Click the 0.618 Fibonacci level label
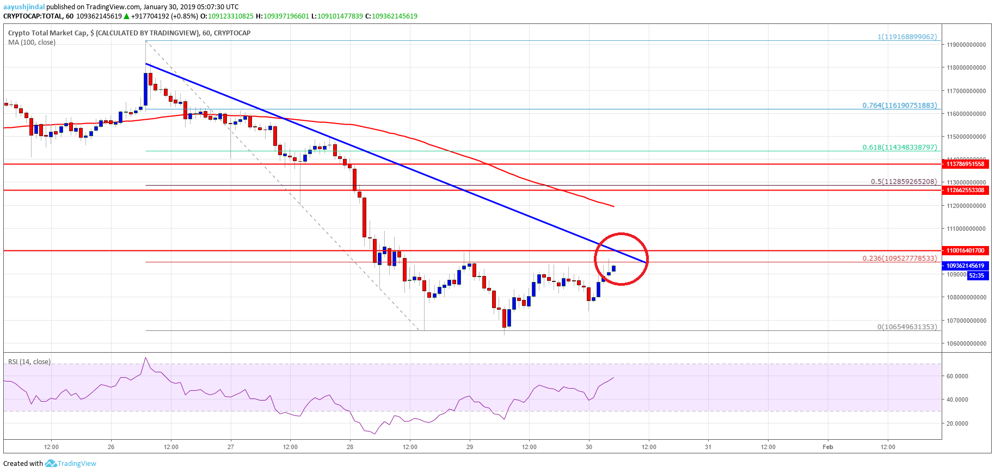pyautogui.click(x=899, y=147)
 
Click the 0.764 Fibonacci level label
pyautogui.click(x=899, y=105)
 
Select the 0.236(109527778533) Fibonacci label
pyautogui.click(x=899, y=258)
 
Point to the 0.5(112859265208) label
pyautogui.click(x=903, y=181)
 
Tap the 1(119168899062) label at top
pyautogui.click(x=907, y=36)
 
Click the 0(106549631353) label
pyautogui.click(x=907, y=327)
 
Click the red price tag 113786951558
pyautogui.click(x=965, y=164)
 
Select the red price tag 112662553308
pyautogui.click(x=965, y=190)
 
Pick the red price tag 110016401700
pyautogui.click(x=965, y=250)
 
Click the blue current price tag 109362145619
pyautogui.click(x=965, y=266)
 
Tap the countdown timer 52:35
pyautogui.click(x=976, y=275)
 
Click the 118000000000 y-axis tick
pyautogui.click(x=966, y=67)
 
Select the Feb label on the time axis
pyautogui.click(x=827, y=447)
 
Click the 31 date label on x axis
pyautogui.click(x=708, y=447)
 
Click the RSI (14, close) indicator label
pyautogui.click(x=29, y=361)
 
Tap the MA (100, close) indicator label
pyautogui.click(x=32, y=42)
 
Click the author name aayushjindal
pyautogui.click(x=24, y=7)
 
